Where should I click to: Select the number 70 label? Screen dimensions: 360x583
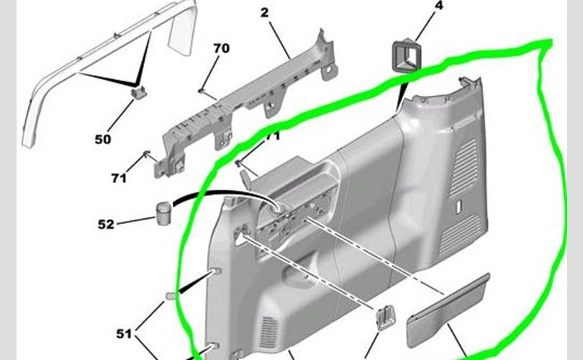pos(221,49)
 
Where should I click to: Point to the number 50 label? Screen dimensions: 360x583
pos(103,139)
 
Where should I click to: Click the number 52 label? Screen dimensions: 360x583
pos(106,224)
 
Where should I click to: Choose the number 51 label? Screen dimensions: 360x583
pos(125,333)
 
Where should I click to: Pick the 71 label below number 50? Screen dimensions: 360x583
pos(119,178)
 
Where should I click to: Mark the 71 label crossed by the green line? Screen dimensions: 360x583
pos(272,136)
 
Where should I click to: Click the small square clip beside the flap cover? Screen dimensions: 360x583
pos(386,315)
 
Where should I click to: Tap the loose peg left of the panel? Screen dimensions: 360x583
pos(171,296)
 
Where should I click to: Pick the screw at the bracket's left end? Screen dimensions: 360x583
pos(148,154)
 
